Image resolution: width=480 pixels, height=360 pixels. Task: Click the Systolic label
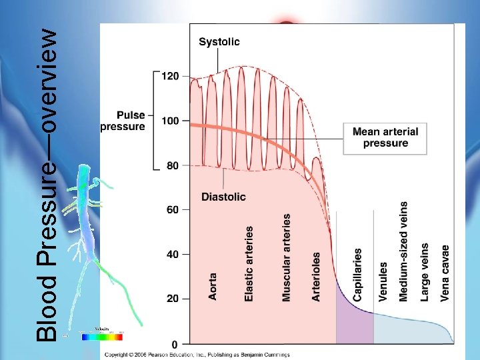219,41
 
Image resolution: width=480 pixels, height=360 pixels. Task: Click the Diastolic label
223,197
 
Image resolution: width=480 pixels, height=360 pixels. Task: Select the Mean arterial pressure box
385,137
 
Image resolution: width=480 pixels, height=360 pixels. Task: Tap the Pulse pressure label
122,121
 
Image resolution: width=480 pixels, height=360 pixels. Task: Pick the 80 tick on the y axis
173,165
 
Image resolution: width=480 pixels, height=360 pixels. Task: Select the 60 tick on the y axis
173,210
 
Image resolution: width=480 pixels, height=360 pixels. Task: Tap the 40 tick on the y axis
173,254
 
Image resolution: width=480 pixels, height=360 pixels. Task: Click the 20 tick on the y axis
173,299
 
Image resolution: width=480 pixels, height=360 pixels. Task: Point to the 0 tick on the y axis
175,344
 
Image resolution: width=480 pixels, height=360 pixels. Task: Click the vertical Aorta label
213,286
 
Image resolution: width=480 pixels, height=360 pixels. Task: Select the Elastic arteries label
249,263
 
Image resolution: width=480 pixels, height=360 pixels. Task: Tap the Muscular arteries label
287,257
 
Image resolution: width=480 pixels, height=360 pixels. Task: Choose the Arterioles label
316,276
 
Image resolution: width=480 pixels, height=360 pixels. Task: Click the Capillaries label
358,274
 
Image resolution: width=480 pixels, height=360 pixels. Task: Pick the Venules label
383,281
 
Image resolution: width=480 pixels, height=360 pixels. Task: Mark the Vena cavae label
445,271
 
